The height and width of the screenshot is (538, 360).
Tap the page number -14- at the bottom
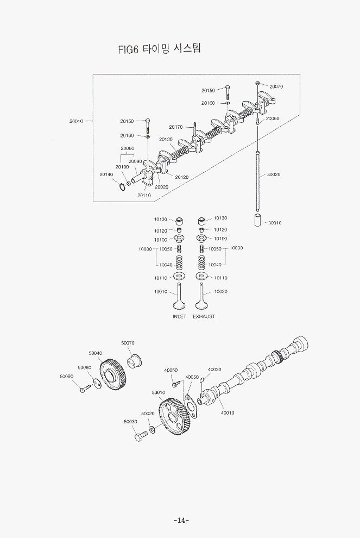click(181, 520)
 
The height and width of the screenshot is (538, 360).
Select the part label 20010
click(76, 121)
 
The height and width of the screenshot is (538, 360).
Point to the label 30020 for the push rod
click(274, 174)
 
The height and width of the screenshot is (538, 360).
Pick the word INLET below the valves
click(179, 316)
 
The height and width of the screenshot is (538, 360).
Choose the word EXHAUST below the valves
click(204, 316)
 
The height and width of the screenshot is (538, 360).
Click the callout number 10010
click(160, 292)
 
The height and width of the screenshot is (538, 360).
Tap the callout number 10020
click(220, 292)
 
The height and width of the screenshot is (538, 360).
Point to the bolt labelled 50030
click(140, 435)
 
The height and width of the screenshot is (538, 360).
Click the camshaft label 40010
click(228, 412)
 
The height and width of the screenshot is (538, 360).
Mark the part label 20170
click(175, 127)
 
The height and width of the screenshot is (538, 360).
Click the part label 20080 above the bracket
click(128, 148)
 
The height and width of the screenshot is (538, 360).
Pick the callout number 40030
click(214, 369)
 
